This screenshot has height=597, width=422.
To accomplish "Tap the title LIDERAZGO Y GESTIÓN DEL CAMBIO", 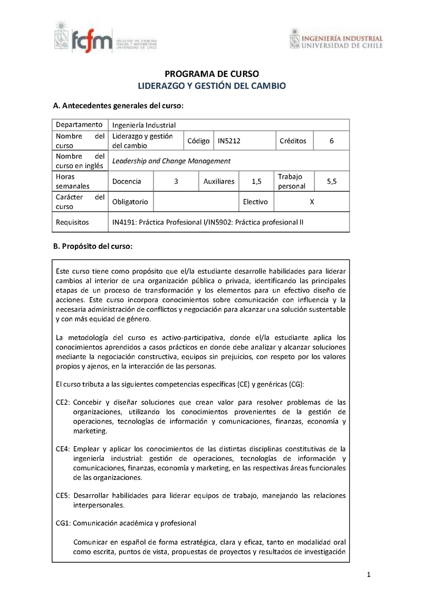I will [x=212, y=85].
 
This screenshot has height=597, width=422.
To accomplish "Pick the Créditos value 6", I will [x=331, y=141].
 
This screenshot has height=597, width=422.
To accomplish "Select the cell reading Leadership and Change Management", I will [x=171, y=161].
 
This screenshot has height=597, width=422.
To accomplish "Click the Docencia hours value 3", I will [x=176, y=181].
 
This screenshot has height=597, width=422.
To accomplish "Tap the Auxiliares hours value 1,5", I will [x=256, y=181].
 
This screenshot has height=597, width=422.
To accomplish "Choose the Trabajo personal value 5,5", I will [x=331, y=181].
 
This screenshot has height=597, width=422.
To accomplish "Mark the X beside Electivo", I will [x=312, y=201].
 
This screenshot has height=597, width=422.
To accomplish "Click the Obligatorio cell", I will [x=130, y=201].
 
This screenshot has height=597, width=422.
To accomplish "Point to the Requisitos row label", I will [x=72, y=222].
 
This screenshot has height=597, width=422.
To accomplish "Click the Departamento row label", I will [x=79, y=125].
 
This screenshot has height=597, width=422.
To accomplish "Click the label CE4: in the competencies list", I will [x=63, y=449].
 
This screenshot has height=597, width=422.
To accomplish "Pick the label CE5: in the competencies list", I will [x=63, y=495].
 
